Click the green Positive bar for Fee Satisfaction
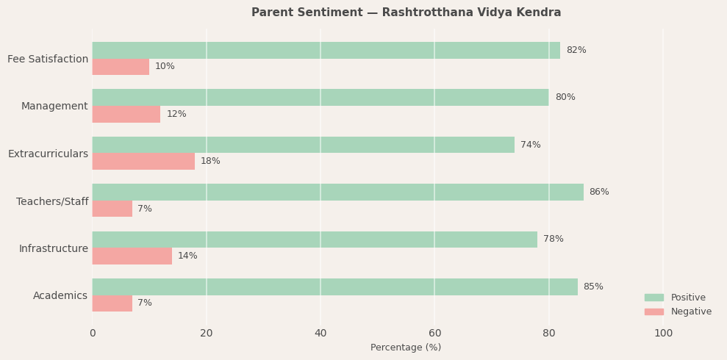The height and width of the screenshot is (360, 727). (326, 50)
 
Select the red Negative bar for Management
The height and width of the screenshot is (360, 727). (126, 114)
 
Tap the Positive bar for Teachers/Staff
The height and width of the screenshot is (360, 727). (337, 192)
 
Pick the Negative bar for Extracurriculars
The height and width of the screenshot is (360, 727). (143, 161)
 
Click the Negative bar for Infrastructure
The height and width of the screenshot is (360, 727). (132, 256)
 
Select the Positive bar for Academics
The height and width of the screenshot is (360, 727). (334, 287)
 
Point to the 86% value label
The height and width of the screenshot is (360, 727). (598, 192)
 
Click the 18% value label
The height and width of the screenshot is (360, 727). (210, 161)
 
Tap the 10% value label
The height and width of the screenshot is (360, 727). (165, 66)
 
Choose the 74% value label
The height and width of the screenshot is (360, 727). (530, 145)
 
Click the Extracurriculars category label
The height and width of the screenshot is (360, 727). (48, 154)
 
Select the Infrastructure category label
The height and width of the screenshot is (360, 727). (53, 248)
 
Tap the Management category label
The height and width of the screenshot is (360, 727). (54, 106)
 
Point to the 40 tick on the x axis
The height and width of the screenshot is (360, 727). (320, 333)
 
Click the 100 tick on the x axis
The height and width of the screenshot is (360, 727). (663, 333)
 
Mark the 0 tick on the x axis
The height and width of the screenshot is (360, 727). (93, 333)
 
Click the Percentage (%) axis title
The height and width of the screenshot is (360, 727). (406, 348)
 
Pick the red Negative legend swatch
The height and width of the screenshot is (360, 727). (653, 312)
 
